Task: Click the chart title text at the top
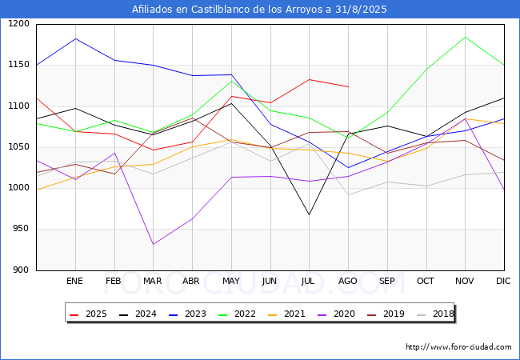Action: point(259,10)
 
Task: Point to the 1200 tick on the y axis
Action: point(18,24)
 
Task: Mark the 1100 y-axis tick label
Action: point(18,106)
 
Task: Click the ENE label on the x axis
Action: point(74,281)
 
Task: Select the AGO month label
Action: point(348,281)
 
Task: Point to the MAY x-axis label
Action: point(230,281)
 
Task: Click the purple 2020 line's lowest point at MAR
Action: point(153,244)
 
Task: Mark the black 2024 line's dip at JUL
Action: point(309,214)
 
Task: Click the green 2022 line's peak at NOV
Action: point(465,37)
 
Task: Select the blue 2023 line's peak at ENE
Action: point(74,38)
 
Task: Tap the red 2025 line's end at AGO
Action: point(348,86)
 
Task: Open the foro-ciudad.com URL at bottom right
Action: point(458,347)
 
